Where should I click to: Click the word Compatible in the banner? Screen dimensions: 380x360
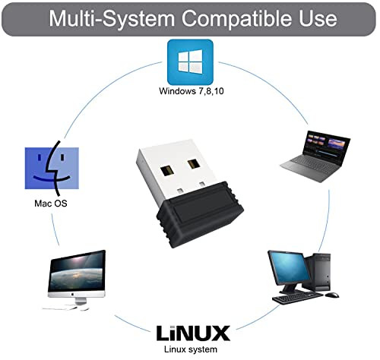click(x=237, y=18)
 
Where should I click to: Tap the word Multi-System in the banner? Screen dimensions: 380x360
click(x=112, y=18)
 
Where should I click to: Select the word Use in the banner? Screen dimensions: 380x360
click(x=318, y=18)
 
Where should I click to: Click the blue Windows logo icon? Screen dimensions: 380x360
click(x=190, y=62)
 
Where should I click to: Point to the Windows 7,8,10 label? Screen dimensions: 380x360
click(x=192, y=91)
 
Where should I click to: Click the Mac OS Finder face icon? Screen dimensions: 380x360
click(x=52, y=168)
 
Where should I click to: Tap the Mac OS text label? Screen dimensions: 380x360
click(x=51, y=204)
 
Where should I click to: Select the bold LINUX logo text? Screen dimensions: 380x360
click(x=193, y=333)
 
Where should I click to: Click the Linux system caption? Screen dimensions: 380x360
click(x=191, y=349)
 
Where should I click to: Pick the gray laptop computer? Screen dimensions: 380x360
click(x=315, y=156)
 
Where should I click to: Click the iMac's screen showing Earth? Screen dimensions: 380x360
click(x=77, y=271)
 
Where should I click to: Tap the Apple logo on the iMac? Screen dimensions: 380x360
click(x=72, y=295)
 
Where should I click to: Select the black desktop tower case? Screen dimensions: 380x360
click(x=318, y=272)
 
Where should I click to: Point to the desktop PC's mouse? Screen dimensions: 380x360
click(x=332, y=295)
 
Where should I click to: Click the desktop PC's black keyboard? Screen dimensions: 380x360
click(x=297, y=298)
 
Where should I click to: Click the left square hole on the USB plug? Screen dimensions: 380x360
click(x=167, y=172)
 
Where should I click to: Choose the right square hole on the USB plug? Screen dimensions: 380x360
click(x=194, y=164)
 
